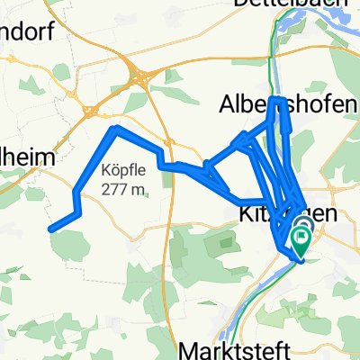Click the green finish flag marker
(300, 240)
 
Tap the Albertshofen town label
(287, 106)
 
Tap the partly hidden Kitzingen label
(270, 216)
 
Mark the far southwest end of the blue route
(50, 229)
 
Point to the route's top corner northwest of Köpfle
(114, 130)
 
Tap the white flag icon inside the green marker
(300, 238)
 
